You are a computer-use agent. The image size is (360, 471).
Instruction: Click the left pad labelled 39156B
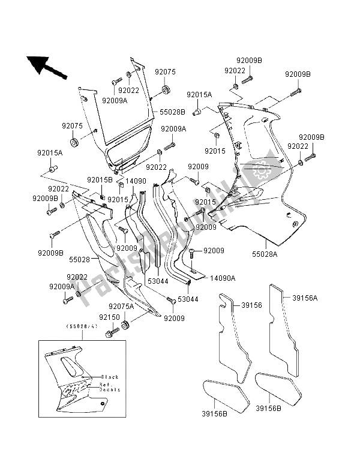point(223,393)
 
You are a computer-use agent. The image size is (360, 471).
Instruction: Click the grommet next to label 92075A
point(125,326)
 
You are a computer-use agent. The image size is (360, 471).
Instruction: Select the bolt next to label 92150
point(112,329)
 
